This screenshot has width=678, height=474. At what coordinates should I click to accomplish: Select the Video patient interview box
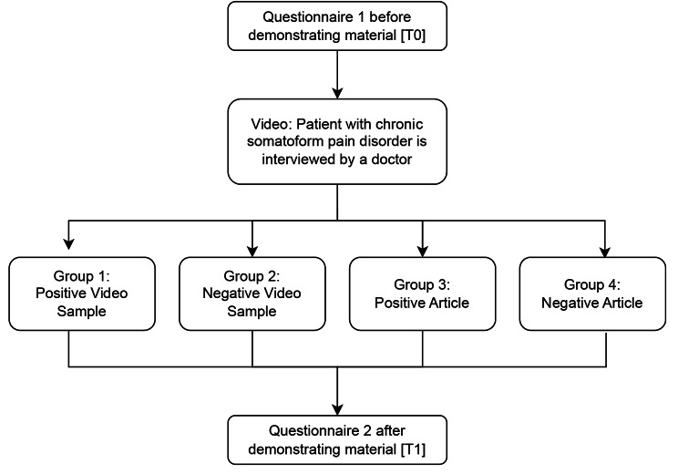pos(337,140)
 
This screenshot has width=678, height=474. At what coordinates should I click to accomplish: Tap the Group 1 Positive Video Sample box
pos(70,293)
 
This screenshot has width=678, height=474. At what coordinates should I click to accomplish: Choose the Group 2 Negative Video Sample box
pos(252,293)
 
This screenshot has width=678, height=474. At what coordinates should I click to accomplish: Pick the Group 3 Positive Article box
pos(422,293)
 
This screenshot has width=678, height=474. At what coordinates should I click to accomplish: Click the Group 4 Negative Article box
pos(602,293)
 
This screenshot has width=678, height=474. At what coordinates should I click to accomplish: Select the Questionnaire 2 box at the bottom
pos(337,439)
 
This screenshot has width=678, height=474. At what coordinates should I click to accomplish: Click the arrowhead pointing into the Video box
pos(337,93)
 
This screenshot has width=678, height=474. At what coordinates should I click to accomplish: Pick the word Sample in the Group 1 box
pos(70,310)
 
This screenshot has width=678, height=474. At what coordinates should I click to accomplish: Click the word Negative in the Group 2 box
pos(233,294)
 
